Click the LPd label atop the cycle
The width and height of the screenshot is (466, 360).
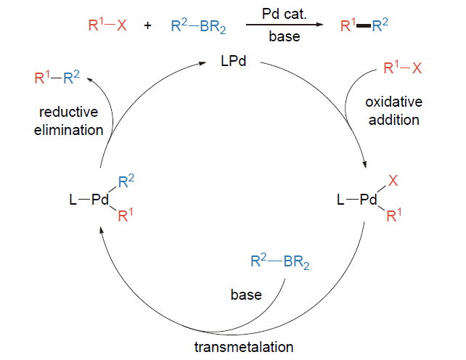click(x=234, y=61)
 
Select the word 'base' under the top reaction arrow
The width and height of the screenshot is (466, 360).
click(x=283, y=36)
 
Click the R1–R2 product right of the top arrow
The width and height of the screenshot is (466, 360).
click(x=364, y=26)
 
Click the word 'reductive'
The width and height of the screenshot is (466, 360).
click(x=69, y=112)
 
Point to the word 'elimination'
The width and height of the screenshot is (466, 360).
click(x=69, y=130)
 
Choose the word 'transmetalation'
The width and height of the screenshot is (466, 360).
click(x=244, y=346)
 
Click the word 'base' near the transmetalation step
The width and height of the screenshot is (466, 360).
click(x=246, y=295)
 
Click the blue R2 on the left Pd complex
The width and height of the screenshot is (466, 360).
click(x=126, y=183)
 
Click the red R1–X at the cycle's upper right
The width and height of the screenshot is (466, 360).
click(x=402, y=70)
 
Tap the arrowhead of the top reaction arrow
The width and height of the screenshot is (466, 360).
click(x=319, y=25)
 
